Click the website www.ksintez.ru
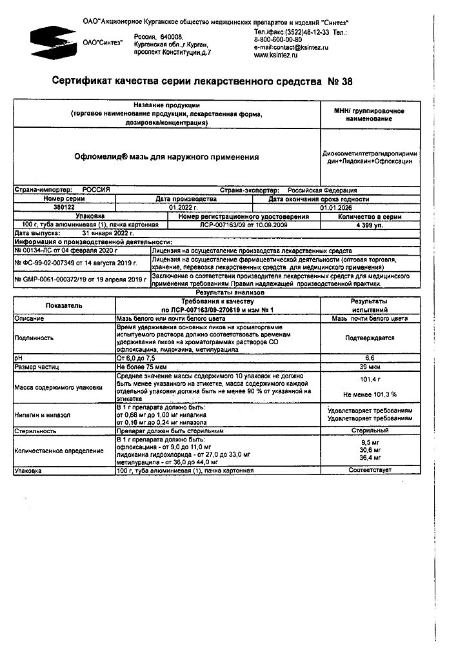pyautogui.click(x=276, y=56)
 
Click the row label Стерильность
pyautogui.click(x=36, y=429)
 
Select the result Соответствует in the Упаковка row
pyautogui.click(x=369, y=471)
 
